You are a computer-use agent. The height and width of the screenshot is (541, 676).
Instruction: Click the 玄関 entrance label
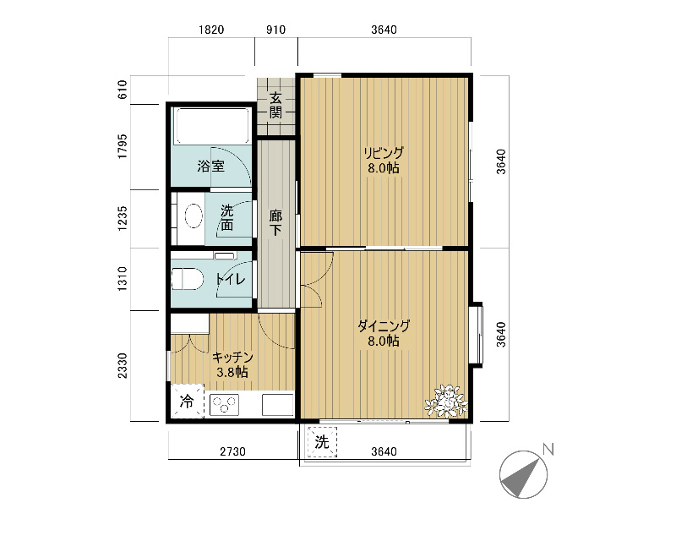coord(276,106)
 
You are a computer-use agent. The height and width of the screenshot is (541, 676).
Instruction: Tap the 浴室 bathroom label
coord(211,166)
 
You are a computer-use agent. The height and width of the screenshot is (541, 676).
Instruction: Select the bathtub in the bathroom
coord(212,126)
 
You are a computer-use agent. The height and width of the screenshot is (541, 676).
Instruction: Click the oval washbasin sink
coord(194,216)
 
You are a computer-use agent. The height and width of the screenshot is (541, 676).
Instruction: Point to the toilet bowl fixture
coord(188,279)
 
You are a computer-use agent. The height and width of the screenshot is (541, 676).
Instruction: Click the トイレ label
coord(231,279)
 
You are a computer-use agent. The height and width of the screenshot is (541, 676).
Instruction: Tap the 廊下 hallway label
coord(276,222)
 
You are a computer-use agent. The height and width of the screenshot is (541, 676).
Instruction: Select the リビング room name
coord(384,153)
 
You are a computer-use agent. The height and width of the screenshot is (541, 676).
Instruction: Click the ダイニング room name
coord(384,326)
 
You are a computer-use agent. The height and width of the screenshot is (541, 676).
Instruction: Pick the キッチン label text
coord(232,358)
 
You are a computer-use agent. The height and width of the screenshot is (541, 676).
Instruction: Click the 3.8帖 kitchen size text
coord(232,372)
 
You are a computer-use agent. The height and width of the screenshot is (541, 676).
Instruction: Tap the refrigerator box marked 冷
coord(187,402)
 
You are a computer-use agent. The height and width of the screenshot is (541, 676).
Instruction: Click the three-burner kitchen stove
coord(224,405)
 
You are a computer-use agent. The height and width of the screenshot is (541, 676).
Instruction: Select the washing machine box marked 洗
coord(322,442)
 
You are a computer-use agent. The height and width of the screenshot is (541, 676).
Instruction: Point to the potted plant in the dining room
coord(446,401)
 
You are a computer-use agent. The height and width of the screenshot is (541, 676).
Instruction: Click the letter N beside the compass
coord(548,450)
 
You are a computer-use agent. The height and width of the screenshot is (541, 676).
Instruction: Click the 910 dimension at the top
coord(276,30)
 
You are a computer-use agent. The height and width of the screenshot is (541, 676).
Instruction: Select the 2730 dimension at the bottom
coord(233,451)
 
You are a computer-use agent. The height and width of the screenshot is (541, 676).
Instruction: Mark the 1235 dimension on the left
coord(123,218)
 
